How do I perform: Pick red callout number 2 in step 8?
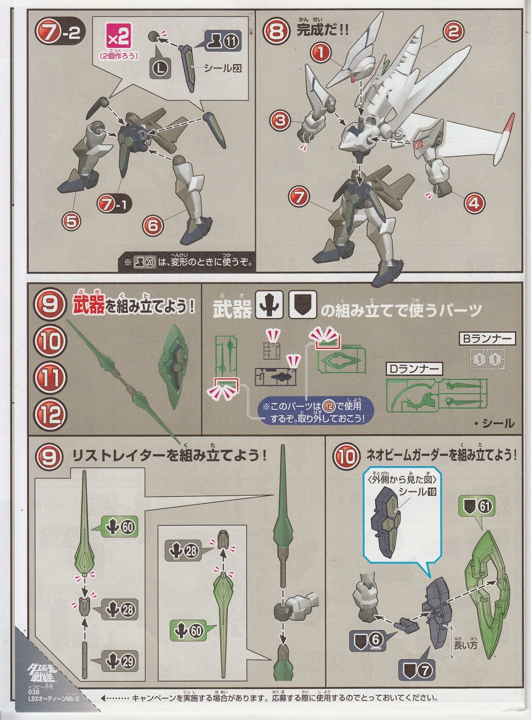point(453,31)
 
